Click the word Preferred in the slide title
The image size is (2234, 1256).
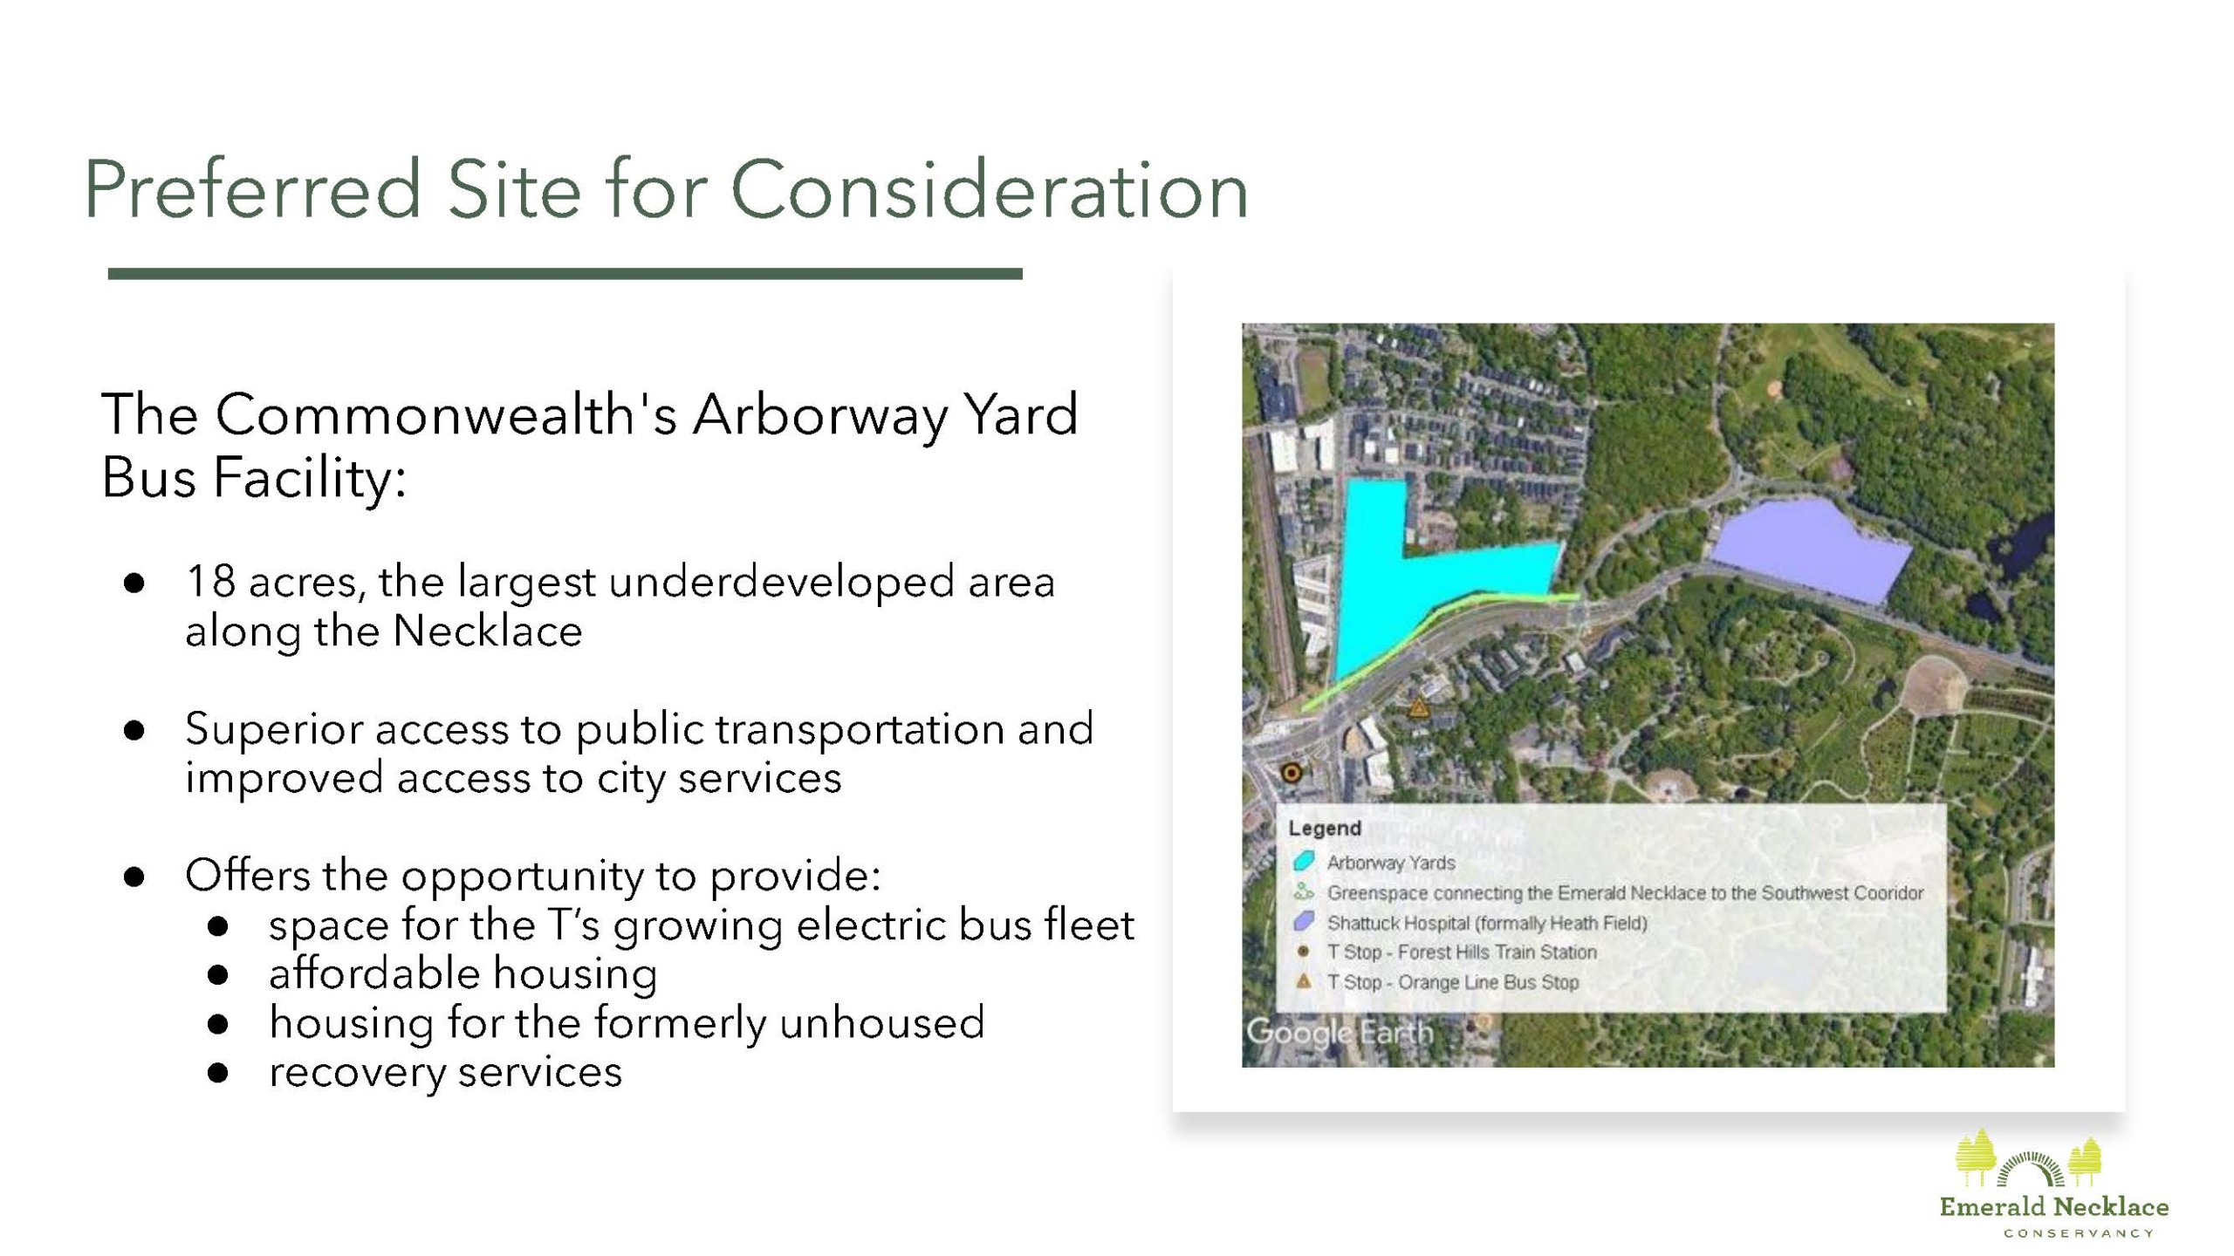click(x=254, y=189)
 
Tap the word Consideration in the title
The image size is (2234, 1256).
click(x=990, y=189)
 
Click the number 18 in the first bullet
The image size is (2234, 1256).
click(x=210, y=582)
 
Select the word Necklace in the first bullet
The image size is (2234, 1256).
click(x=487, y=631)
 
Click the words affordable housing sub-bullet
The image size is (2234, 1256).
click(x=463, y=973)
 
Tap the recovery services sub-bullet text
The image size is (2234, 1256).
click(x=445, y=1072)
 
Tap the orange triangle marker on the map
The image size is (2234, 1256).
click(x=1418, y=706)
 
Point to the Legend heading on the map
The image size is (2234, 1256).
click(x=1325, y=829)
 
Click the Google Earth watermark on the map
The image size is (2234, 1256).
click(x=1340, y=1033)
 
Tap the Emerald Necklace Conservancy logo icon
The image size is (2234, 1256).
click(x=2028, y=1158)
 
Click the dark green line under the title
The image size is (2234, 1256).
click(x=565, y=274)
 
